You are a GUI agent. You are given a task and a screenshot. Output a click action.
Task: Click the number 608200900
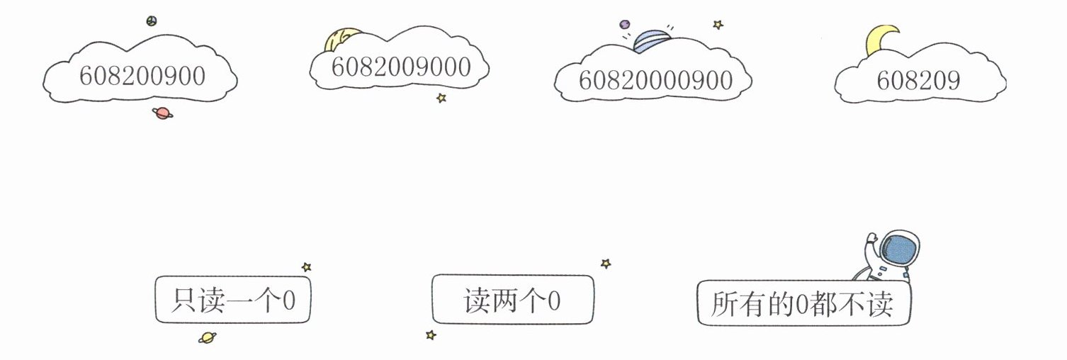[142, 76]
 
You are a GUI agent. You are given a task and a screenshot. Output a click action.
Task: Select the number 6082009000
[400, 67]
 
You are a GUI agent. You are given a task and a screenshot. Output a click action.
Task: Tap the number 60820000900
[655, 81]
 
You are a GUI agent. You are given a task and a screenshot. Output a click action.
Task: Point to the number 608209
[918, 81]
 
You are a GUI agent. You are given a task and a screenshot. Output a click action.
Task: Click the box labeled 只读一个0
[232, 301]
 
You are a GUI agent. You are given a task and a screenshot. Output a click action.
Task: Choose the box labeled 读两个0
[512, 300]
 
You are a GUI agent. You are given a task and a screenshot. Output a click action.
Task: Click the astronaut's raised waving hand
[871, 240]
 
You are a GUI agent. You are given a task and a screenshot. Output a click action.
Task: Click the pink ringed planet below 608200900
[162, 113]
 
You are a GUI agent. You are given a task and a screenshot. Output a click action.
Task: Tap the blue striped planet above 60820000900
[651, 40]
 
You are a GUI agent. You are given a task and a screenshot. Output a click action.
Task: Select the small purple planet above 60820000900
[625, 24]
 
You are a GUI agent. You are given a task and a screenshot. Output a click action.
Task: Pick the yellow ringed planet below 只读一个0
[208, 337]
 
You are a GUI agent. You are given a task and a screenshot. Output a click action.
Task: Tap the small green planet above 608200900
[151, 21]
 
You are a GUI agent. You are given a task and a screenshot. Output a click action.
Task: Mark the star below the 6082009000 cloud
[441, 98]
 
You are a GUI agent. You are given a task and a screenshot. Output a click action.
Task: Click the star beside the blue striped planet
[718, 25]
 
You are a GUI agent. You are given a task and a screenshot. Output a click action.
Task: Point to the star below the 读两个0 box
[430, 334]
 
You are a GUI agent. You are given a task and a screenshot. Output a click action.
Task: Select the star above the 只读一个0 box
[306, 267]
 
